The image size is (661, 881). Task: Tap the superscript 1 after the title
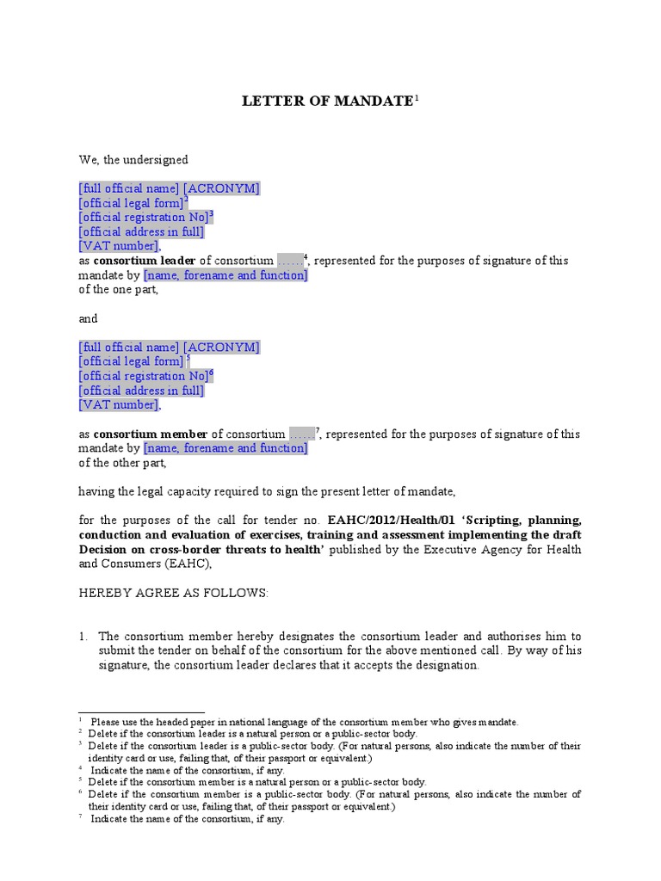tap(417, 98)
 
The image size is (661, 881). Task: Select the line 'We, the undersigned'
tap(133, 160)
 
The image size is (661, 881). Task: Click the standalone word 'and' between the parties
tap(89, 318)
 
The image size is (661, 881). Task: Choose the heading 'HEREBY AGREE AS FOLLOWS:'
tap(173, 594)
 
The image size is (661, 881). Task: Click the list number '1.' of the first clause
tap(83, 637)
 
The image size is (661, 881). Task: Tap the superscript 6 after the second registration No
tap(212, 373)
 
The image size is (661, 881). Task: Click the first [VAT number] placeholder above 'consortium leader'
tap(119, 246)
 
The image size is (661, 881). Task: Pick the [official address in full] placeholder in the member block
tap(141, 391)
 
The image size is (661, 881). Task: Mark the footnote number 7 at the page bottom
tap(81, 819)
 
